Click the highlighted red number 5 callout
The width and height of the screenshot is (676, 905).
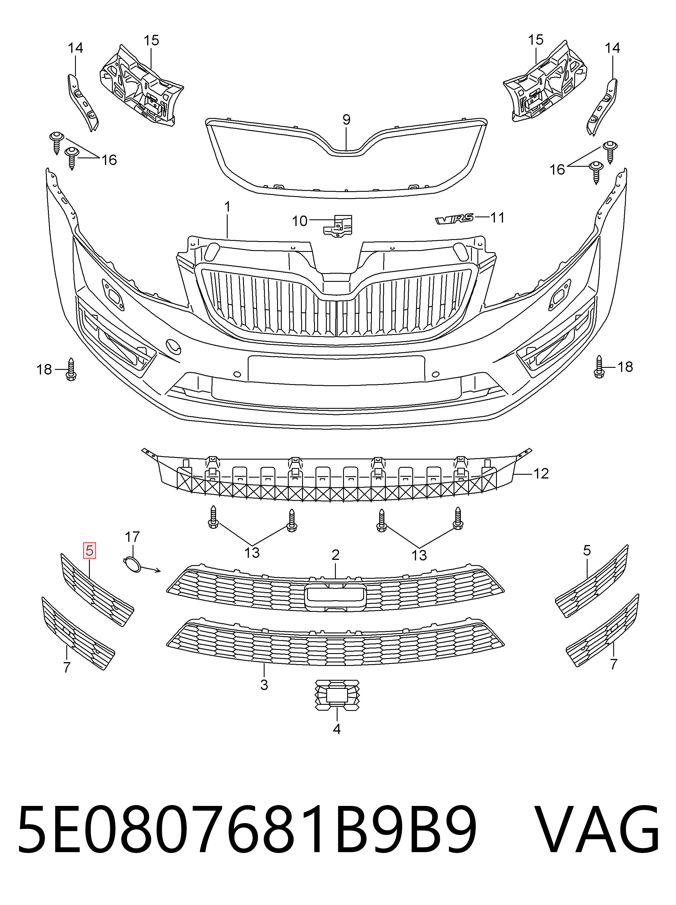coord(89,551)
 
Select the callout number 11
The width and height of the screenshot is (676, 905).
coord(497,218)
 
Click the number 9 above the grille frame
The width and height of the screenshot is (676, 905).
coord(346,120)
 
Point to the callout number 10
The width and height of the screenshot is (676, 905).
coord(299,221)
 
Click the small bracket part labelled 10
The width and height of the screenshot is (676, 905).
coord(338,225)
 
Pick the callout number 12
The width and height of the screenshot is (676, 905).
coord(541,474)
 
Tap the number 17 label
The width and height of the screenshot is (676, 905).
coord(132,536)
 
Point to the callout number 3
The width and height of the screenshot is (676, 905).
coord(264,684)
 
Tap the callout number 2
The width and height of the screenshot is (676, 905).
coord(336,555)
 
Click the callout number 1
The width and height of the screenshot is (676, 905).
coord(227,207)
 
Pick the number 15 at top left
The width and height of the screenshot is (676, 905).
coord(151,40)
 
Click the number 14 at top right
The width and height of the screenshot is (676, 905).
coord(613,48)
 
